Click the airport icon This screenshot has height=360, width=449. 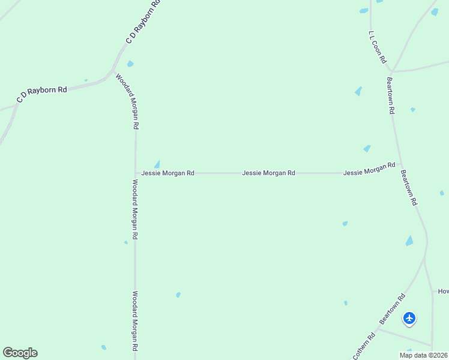coord(409,318)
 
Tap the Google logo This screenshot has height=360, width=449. coord(20,353)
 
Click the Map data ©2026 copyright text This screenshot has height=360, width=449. coord(423,355)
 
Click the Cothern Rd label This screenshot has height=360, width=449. coord(364,346)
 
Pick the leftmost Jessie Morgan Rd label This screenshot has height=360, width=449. coord(167,173)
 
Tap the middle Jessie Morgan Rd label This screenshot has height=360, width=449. coord(268,173)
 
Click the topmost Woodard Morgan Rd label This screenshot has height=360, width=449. coord(127,102)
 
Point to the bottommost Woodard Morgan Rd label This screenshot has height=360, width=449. coord(135,321)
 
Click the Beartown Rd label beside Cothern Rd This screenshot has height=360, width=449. coord(393,308)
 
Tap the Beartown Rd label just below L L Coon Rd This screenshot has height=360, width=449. coord(390,95)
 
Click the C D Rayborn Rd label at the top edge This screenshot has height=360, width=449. coord(144,22)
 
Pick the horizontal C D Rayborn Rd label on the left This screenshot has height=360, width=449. coord(42,94)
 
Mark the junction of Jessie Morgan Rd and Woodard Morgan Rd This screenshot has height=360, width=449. coord(135,173)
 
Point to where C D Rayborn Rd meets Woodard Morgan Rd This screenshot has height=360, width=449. coord(113,71)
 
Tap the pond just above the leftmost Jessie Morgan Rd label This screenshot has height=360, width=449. coord(157,164)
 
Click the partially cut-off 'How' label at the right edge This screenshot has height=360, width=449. coord(443,291)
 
